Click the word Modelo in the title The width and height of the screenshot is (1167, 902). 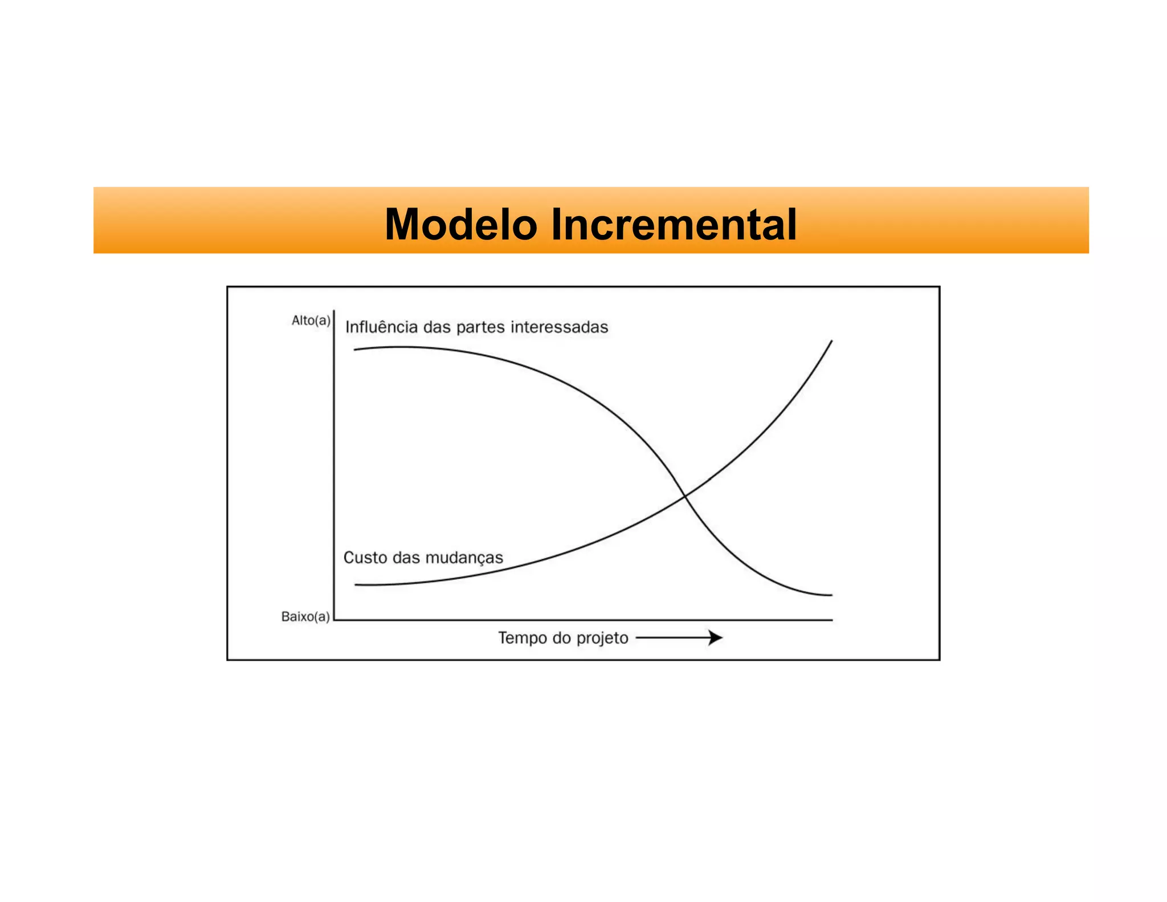tap(460, 224)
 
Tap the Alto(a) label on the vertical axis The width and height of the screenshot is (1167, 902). tap(311, 320)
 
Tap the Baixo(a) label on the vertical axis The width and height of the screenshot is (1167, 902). tap(305, 616)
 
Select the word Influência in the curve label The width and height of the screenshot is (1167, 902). tap(381, 327)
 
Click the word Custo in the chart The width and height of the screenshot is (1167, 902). tap(365, 557)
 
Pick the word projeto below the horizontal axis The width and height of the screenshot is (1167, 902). tap(602, 638)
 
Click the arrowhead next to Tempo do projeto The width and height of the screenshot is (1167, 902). tap(716, 637)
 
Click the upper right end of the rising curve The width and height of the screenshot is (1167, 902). tap(831, 341)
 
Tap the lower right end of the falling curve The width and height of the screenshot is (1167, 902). tap(831, 595)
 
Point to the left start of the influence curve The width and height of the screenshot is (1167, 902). tap(355, 349)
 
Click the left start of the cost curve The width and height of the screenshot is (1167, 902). tap(356, 584)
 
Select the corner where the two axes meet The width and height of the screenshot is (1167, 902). tap(334, 619)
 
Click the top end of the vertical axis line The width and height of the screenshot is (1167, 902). tap(334, 311)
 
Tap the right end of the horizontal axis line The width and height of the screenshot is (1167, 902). tap(832, 619)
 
